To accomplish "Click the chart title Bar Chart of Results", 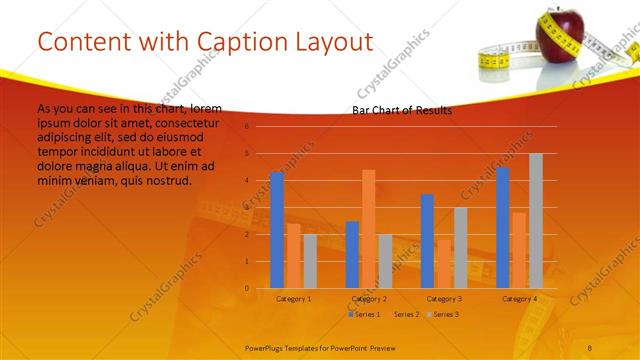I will [401, 110].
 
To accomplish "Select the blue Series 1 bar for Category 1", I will [277, 230].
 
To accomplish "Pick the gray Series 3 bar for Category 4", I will [535, 221].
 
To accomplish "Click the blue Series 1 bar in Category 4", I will [502, 228].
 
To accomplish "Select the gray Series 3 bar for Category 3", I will [460, 248].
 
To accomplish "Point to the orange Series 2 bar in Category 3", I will [443, 264].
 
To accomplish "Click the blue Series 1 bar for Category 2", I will [352, 255].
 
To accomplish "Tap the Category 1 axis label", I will [293, 299].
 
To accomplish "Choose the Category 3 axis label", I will [443, 299].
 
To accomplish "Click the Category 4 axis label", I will [519, 299].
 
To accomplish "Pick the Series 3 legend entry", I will [444, 314].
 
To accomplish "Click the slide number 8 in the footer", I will [589, 346].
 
